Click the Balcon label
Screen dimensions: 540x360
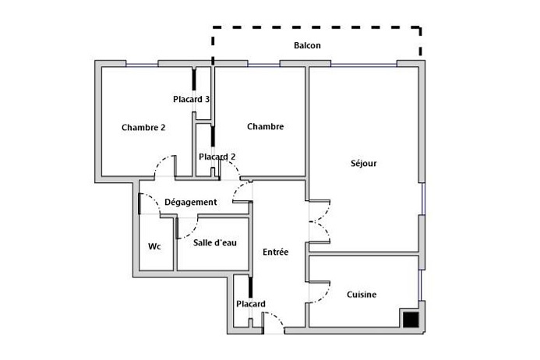point(307,45)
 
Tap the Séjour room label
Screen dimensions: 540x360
point(364,163)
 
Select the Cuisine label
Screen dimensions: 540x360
point(362,295)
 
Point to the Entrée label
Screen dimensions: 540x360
point(276,252)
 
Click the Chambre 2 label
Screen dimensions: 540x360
point(143,128)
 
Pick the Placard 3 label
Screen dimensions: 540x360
point(191,100)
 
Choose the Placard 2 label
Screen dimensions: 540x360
point(217,157)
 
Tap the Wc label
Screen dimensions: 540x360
point(154,247)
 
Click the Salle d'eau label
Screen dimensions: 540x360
point(215,243)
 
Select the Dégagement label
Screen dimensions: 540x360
point(190,203)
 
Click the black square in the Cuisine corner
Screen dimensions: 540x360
point(411,319)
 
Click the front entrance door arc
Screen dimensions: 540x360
point(277,318)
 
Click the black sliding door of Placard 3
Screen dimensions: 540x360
point(194,79)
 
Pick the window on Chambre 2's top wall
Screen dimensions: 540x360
point(142,64)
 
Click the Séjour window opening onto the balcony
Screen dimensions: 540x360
point(364,64)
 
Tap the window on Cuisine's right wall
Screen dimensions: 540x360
point(420,285)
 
